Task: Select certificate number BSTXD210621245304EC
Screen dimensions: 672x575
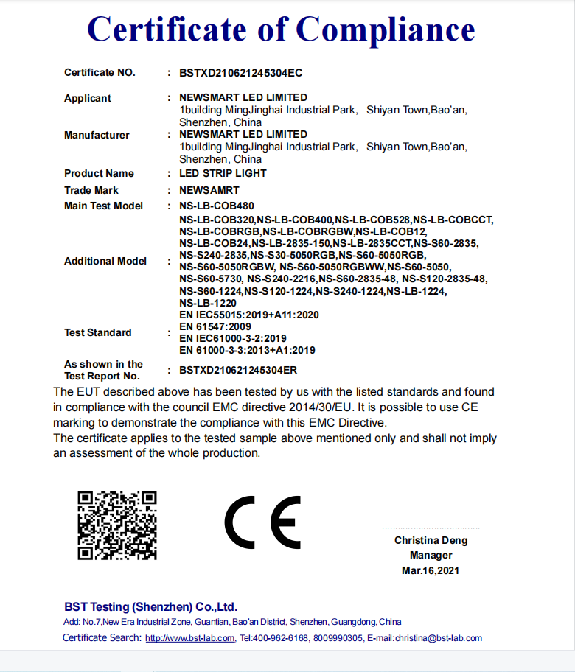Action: coord(241,73)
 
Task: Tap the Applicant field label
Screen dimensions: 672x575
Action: coord(88,98)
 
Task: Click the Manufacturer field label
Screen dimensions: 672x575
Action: coord(97,135)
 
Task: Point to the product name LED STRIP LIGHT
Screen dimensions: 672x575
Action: coord(223,173)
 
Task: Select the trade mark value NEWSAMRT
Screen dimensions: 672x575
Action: coord(209,190)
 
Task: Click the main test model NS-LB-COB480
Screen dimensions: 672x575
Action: coord(217,206)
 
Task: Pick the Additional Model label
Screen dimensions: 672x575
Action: coord(105,261)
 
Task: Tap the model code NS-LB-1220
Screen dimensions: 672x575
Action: coord(208,303)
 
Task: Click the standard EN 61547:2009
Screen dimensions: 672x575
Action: coord(215,326)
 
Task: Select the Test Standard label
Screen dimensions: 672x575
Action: coord(98,332)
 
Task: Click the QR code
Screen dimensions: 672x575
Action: coord(118,525)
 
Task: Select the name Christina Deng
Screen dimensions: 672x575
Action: coord(431,540)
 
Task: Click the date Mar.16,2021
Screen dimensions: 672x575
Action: coord(431,570)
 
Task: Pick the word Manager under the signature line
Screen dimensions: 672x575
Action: coord(431,556)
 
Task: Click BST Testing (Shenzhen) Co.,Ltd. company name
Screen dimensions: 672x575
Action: coord(151,607)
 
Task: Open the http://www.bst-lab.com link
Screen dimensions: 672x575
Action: coord(190,638)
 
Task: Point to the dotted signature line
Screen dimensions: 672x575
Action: coord(431,528)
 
